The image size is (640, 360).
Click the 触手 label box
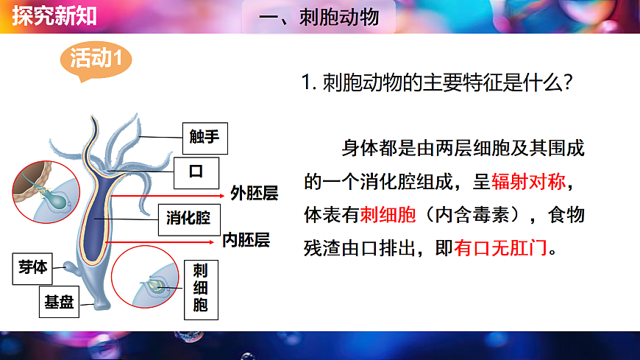(200, 136)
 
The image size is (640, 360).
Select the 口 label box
(195, 172)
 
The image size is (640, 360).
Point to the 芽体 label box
(32, 267)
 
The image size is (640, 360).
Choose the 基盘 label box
(58, 301)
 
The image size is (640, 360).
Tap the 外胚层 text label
(254, 194)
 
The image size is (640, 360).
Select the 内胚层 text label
(246, 240)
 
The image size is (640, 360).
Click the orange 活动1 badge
(95, 59)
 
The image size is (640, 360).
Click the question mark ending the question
(567, 82)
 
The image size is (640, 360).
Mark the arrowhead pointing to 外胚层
(222, 197)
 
